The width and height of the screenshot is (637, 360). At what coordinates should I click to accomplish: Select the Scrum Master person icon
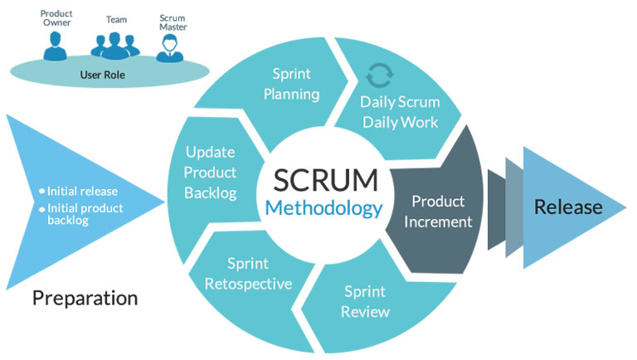coord(170,46)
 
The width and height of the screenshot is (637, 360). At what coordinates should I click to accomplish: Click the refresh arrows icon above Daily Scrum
coord(380,76)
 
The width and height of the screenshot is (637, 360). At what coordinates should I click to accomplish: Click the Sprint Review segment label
coord(366,301)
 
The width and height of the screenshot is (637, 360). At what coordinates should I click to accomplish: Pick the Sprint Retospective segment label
coord(249,274)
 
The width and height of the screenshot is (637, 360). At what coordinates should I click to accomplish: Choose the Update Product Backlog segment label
coord(212,173)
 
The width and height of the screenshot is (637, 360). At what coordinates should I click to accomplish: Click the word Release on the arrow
coord(567,207)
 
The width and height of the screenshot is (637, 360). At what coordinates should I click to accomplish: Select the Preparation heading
coord(85,297)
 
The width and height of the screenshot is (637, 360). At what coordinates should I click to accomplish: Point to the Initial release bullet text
coord(82,190)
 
